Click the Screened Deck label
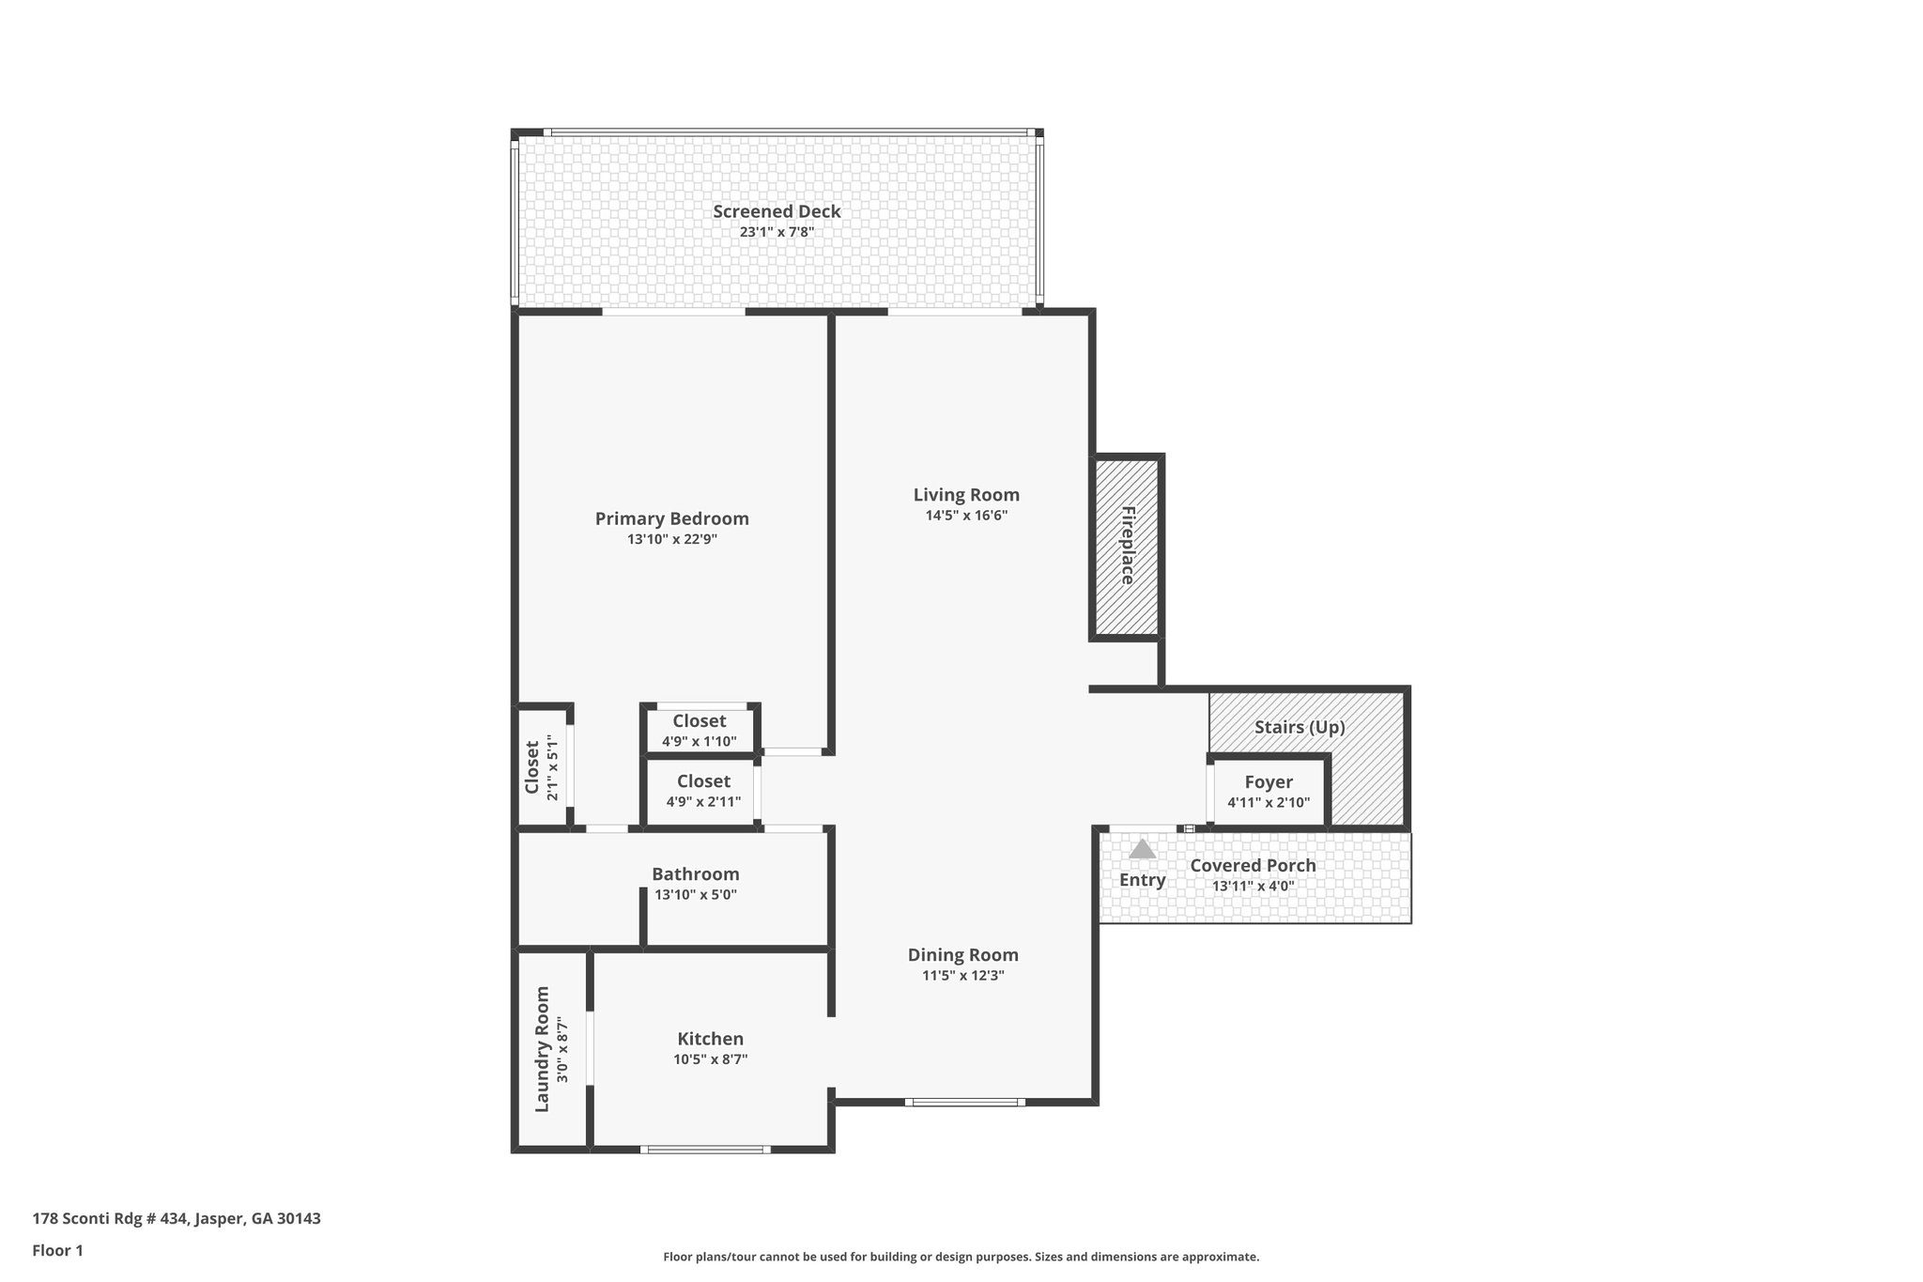click(x=777, y=211)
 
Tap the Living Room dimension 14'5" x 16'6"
click(x=966, y=516)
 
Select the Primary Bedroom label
click(x=672, y=518)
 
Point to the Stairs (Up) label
click(x=1300, y=727)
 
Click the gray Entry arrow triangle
click(x=1142, y=850)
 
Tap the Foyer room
click(x=1269, y=791)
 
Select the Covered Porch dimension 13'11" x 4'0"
click(x=1253, y=886)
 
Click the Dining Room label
click(x=962, y=955)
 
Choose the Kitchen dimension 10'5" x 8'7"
click(x=710, y=1059)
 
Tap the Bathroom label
click(x=696, y=874)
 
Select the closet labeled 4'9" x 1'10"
click(x=700, y=730)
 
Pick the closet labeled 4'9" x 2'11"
click(x=703, y=791)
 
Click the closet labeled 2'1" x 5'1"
click(x=542, y=767)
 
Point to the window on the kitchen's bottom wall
click(x=705, y=1149)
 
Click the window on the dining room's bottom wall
click(x=965, y=1102)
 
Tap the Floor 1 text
click(x=58, y=1250)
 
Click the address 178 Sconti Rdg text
click(x=177, y=1219)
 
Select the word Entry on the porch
click(x=1142, y=880)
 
